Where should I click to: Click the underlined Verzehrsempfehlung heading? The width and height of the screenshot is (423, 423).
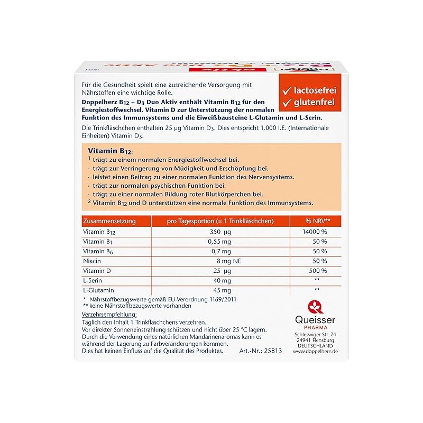coord(109,315)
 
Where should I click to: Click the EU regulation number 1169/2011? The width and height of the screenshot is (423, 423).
coord(225,300)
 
